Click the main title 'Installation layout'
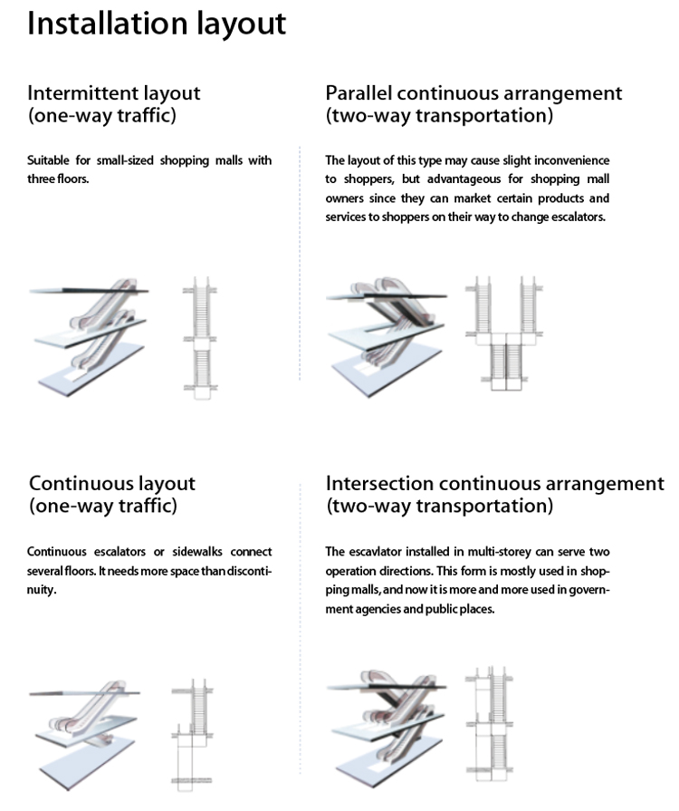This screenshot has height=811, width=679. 156,24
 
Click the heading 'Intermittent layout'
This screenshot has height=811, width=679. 114,92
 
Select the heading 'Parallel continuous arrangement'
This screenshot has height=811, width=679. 473,92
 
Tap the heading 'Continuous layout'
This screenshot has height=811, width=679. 112,483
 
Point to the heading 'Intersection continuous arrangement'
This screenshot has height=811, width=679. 494,483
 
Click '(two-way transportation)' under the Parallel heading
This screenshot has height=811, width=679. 439,116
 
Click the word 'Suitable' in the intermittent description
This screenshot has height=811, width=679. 47,161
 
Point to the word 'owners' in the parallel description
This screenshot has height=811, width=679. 344,198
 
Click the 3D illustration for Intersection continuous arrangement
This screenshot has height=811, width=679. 387,725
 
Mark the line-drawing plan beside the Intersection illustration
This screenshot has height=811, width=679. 489,725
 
